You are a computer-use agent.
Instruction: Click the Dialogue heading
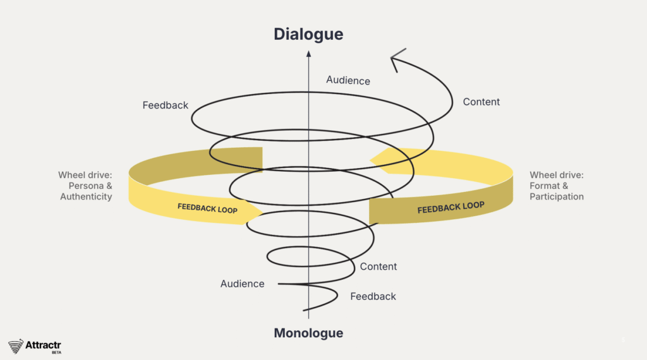click(308, 34)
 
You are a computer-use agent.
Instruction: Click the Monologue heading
click(308, 333)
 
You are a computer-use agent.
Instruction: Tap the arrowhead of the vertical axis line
click(308, 54)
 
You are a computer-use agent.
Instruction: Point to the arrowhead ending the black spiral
click(394, 60)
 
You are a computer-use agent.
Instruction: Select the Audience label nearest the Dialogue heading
click(348, 80)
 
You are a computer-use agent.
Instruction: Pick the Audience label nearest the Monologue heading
click(242, 284)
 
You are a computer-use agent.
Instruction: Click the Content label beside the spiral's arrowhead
click(481, 102)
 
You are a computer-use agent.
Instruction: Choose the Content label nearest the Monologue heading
click(378, 267)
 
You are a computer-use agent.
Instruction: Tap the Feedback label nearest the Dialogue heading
click(166, 105)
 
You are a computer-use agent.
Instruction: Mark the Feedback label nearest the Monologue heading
click(373, 296)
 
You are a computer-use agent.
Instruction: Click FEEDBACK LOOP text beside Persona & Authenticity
click(207, 208)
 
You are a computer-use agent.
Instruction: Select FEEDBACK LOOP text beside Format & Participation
click(451, 207)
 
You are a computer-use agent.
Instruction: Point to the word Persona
click(86, 186)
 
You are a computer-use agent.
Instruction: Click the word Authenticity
click(86, 196)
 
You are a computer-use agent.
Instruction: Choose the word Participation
click(557, 196)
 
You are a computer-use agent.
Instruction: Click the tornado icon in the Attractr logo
click(16, 346)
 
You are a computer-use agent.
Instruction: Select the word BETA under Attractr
click(56, 352)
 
